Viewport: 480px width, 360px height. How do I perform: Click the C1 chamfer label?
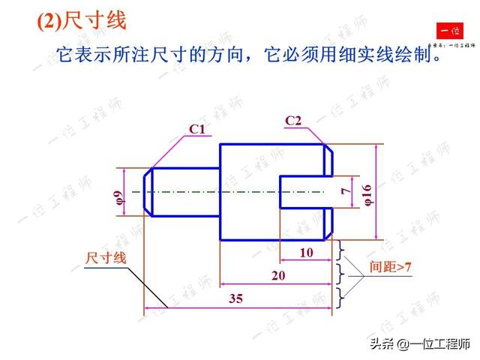[x=196, y=130]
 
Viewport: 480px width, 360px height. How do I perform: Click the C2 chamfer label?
[x=293, y=121]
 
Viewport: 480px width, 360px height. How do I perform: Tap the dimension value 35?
[x=236, y=298]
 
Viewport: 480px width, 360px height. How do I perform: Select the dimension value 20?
[x=277, y=275]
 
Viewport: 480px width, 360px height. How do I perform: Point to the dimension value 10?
[x=306, y=253]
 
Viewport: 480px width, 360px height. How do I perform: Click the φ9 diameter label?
[x=118, y=198]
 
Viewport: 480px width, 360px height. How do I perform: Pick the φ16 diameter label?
[x=367, y=193]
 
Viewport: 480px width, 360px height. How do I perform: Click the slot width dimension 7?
[x=345, y=191]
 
